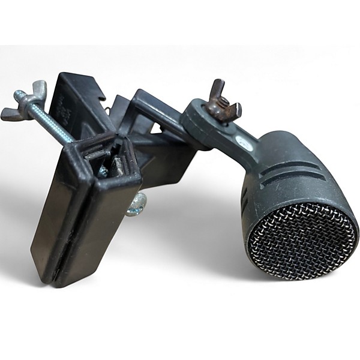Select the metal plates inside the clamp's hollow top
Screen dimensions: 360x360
pyautogui.click(x=108, y=162)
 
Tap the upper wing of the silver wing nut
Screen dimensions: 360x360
pyautogui.click(x=39, y=87)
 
